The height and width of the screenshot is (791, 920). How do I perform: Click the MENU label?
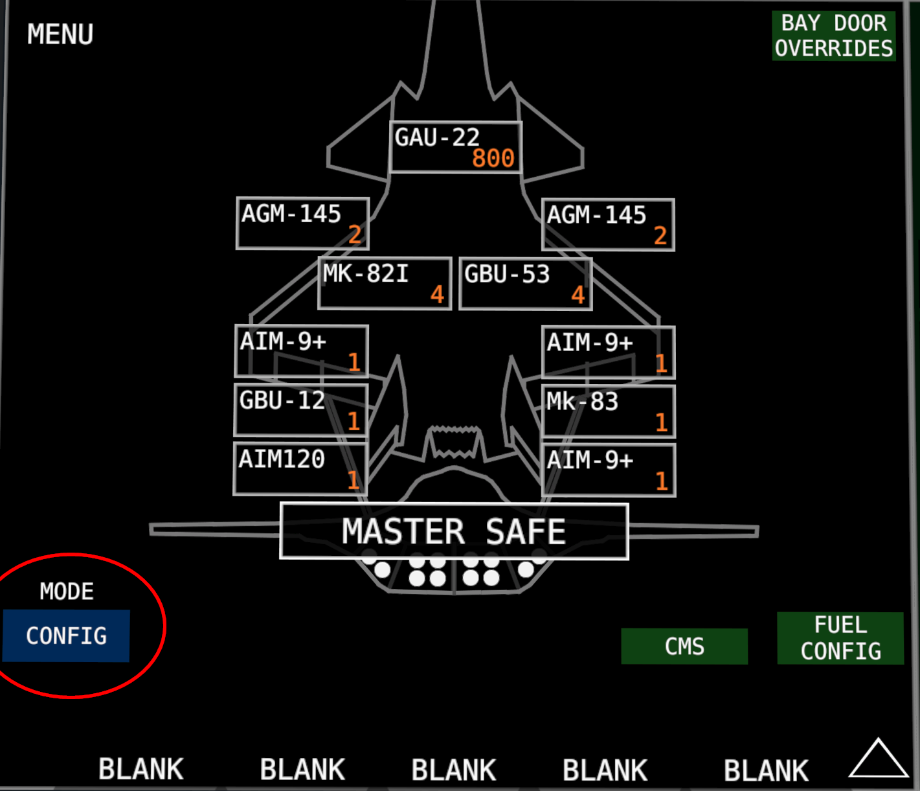tap(60, 34)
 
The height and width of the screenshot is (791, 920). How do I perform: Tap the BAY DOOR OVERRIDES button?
tap(834, 36)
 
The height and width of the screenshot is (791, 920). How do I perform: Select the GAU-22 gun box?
tap(455, 147)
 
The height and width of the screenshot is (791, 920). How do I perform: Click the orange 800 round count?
tap(493, 158)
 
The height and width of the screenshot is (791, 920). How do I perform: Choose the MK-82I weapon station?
tap(385, 283)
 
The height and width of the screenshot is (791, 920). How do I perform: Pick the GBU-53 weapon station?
tap(526, 284)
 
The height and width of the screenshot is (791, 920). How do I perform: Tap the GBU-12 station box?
tap(301, 410)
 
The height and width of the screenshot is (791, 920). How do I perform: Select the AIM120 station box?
tap(300, 469)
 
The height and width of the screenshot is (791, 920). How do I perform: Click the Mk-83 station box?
tap(609, 411)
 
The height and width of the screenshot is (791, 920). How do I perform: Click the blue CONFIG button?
tap(66, 636)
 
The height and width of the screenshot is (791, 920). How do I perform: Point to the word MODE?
tap(67, 592)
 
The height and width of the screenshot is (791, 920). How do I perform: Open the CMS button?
tap(684, 647)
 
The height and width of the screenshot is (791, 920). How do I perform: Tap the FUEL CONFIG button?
tap(841, 638)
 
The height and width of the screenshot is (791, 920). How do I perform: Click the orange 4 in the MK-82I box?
tap(437, 295)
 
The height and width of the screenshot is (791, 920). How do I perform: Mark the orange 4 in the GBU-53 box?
tap(578, 295)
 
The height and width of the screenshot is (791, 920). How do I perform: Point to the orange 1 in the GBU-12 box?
tap(354, 421)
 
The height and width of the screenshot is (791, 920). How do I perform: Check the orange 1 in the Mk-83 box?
tap(662, 422)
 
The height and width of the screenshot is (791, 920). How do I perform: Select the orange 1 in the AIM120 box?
tap(353, 481)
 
